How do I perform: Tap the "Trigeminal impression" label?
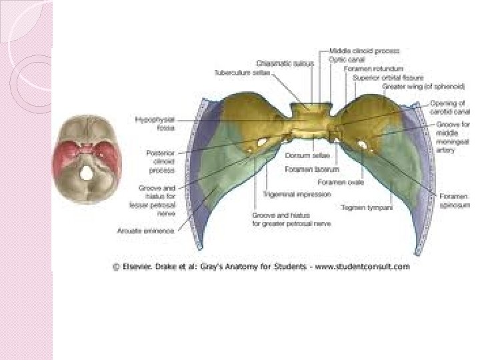pos(287,194)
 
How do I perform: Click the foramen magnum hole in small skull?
pos(87,172)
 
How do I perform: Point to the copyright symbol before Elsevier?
pos(115,267)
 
